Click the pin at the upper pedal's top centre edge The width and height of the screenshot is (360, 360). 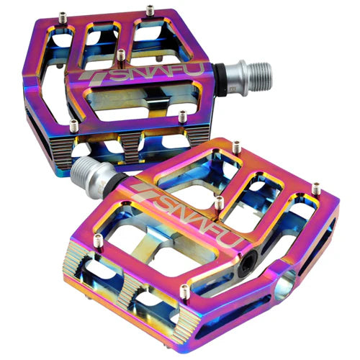pyautogui.click(x=150, y=10)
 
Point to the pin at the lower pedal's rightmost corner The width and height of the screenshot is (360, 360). pyautogui.click(x=316, y=188)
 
